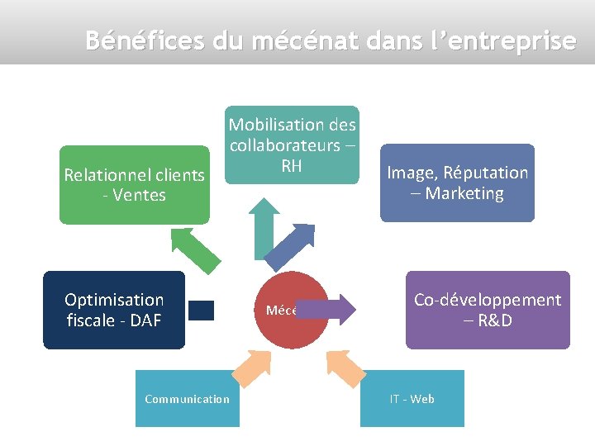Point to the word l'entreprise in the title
pyautogui.click(x=513, y=40)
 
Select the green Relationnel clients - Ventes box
pyautogui.click(x=134, y=185)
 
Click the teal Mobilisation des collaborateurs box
pyautogui.click(x=293, y=145)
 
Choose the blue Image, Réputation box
pyautogui.click(x=457, y=183)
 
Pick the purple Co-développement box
pyautogui.click(x=488, y=310)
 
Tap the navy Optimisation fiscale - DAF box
pyautogui.click(x=114, y=310)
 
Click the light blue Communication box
pyautogui.click(x=188, y=399)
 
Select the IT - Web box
pyautogui.click(x=412, y=399)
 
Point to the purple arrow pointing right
pyautogui.click(x=328, y=310)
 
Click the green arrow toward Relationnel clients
pyautogui.click(x=196, y=250)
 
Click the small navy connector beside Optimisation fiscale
pyautogui.click(x=201, y=310)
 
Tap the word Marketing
pyautogui.click(x=464, y=193)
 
